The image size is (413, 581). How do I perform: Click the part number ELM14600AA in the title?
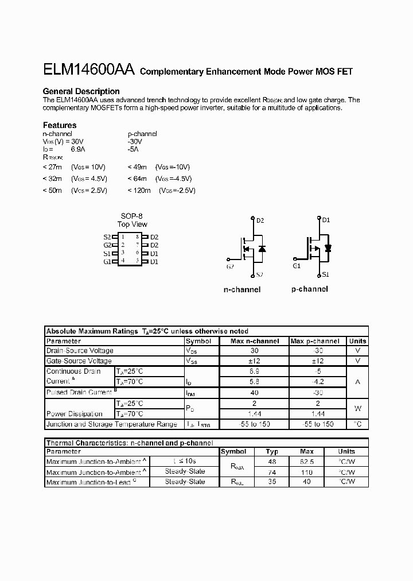[88, 71]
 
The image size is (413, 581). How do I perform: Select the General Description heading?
[81, 91]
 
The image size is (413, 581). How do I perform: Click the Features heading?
[60, 125]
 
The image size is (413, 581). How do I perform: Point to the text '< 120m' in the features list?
[139, 190]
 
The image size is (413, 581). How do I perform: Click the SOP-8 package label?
[131, 216]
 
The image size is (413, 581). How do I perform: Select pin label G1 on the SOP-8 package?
[107, 262]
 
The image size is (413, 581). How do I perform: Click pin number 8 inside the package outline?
[138, 237]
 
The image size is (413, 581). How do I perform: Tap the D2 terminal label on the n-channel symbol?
[260, 220]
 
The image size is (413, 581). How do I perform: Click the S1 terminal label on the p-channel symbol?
[325, 274]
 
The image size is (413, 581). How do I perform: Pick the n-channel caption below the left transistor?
[241, 289]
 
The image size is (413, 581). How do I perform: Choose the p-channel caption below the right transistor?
[310, 289]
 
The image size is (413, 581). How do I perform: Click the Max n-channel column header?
[255, 341]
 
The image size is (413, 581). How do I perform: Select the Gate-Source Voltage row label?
[79, 361]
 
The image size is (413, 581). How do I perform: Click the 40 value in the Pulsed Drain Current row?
[255, 393]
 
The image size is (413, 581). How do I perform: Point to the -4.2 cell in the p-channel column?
[318, 382]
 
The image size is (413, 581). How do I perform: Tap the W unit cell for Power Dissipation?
[357, 409]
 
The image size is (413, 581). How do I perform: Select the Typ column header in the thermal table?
[272, 452]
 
